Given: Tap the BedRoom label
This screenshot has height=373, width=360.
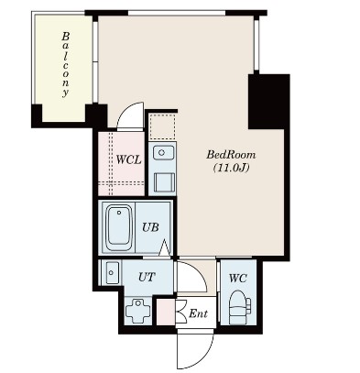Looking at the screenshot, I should click(224, 155).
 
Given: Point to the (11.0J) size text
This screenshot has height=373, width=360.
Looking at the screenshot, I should click(224, 169).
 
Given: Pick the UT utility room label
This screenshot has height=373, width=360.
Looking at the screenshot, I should click(147, 274).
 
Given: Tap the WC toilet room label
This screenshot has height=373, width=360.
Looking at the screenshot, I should click(237, 277).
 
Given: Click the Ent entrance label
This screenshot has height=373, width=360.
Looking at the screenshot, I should click(198, 313).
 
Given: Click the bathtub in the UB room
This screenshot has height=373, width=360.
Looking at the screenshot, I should click(118, 227).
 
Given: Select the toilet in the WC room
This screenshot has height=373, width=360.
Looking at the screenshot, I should click(237, 305).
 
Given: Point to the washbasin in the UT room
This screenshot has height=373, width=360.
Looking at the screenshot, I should click(112, 271).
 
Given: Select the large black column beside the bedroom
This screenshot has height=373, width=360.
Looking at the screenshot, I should click(268, 101).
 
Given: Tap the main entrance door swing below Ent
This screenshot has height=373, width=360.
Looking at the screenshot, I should click(195, 346).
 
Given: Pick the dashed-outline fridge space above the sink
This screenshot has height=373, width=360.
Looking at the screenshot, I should click(162, 126).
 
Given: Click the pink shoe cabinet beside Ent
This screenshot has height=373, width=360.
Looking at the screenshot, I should click(165, 313).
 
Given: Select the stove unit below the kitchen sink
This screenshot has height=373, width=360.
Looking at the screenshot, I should click(162, 181).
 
